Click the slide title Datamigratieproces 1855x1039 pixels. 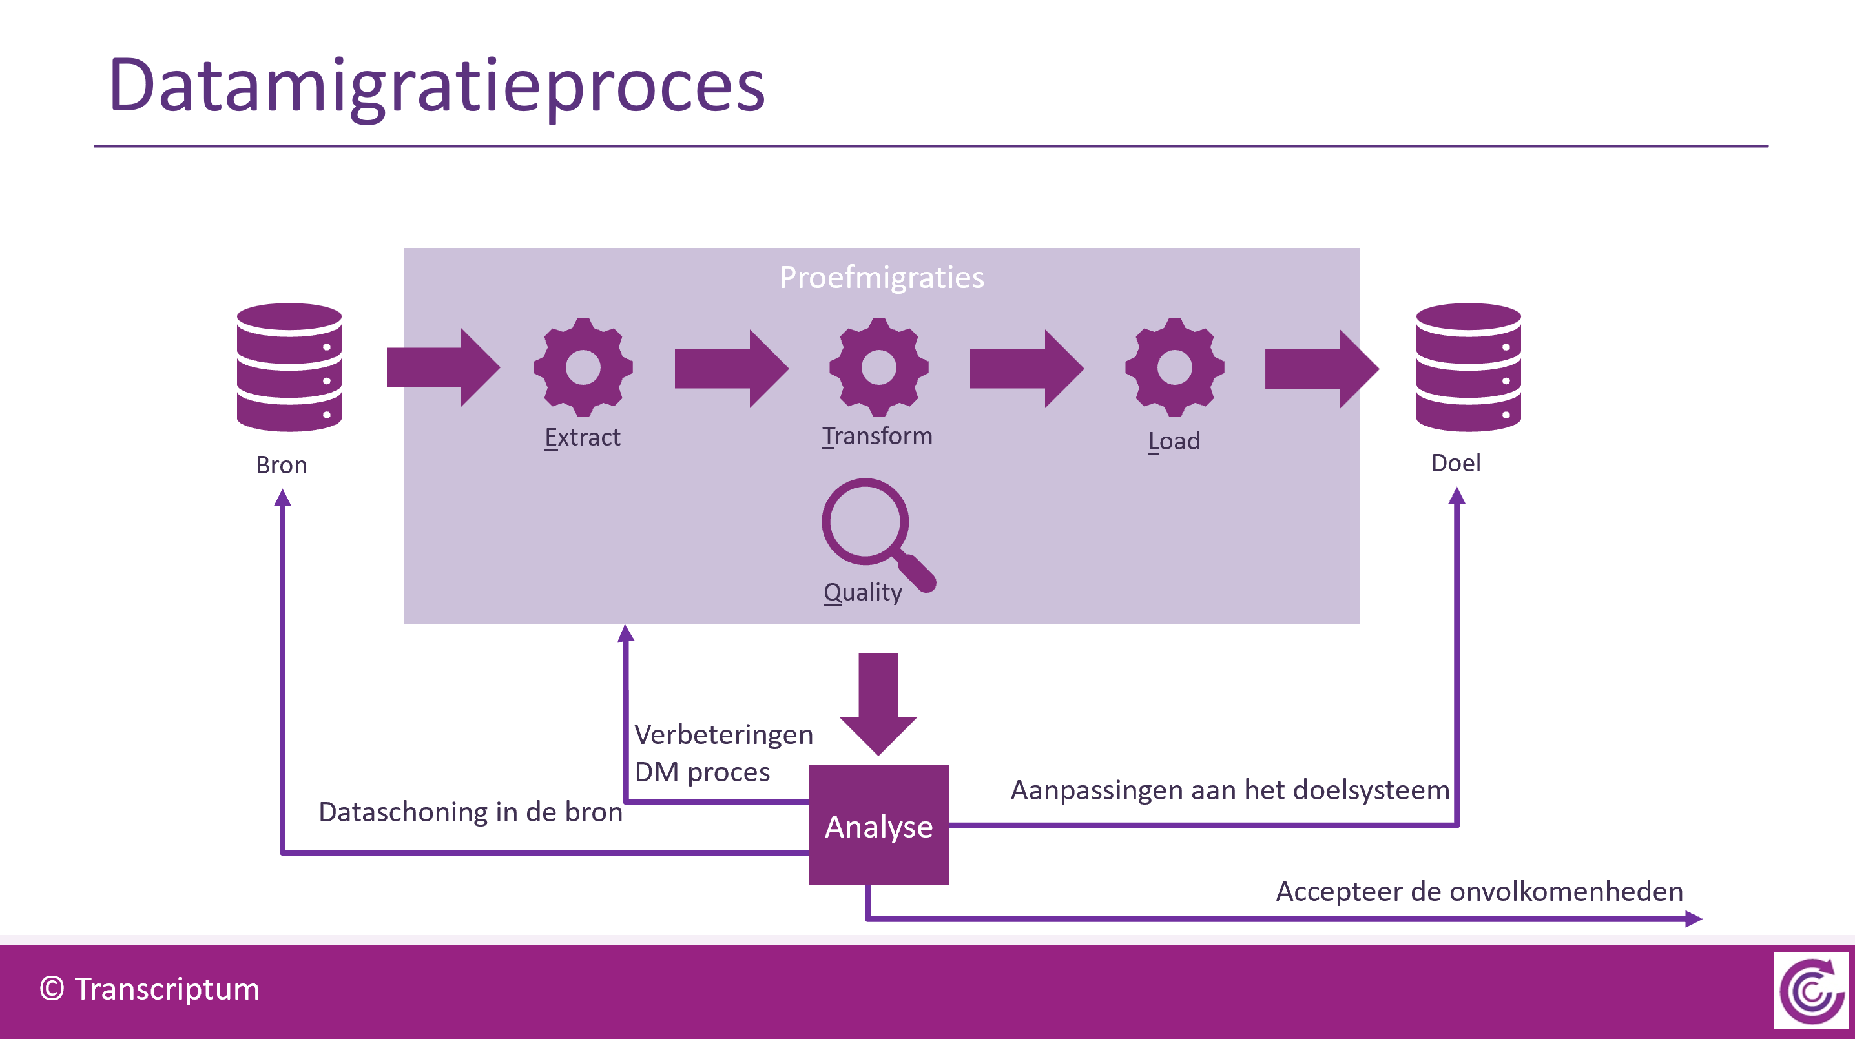437,87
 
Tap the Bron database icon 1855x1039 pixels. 289,367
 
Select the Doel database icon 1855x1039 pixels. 1467,367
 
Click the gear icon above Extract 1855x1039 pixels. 583,367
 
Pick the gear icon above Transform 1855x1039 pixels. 878,367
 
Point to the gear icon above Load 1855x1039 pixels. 1174,367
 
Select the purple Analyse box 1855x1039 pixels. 878,825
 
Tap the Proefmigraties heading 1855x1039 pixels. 882,277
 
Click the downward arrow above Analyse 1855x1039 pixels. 878,702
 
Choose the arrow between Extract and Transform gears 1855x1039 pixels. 731,369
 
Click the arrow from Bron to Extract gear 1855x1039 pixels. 443,368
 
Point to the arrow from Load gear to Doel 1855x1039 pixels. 1321,369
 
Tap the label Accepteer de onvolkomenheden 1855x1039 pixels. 1479,891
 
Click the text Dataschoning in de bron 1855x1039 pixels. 470,812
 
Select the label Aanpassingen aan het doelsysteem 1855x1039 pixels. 1229,790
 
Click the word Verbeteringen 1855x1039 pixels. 723,734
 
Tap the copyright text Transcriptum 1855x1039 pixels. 150,989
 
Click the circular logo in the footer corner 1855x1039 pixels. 1810,991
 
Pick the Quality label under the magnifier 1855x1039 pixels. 863,592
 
